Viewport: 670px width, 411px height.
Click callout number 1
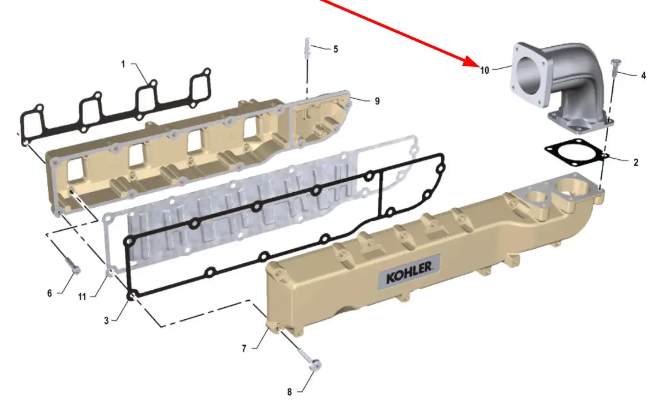[x=123, y=64]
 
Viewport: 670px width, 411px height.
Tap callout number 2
[x=636, y=162]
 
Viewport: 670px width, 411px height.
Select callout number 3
[x=106, y=320]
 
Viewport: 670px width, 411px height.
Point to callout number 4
[x=643, y=76]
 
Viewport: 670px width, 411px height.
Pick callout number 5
[x=336, y=50]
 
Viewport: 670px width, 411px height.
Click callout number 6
[x=50, y=293]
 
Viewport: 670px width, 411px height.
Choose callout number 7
[x=244, y=349]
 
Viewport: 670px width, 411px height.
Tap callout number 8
[x=289, y=392]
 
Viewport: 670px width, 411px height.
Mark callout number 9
[x=377, y=101]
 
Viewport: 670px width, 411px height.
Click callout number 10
[x=485, y=70]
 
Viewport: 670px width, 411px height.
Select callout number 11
[x=82, y=297]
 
